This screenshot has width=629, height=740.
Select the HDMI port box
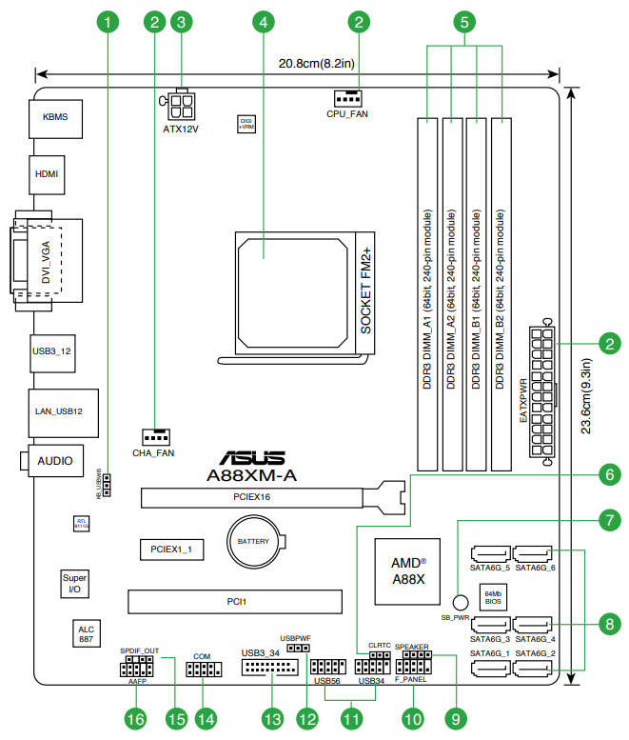coord(46,175)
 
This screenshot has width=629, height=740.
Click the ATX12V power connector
coord(181,103)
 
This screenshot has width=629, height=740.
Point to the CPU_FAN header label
coord(346,113)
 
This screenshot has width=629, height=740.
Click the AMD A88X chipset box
coord(409,570)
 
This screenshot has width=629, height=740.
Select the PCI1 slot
coord(237,602)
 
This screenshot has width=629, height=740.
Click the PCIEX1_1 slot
coord(171,550)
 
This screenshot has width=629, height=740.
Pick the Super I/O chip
coord(74,584)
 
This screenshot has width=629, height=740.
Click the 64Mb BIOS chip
coord(493,596)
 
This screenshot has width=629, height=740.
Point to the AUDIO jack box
coord(55,460)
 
